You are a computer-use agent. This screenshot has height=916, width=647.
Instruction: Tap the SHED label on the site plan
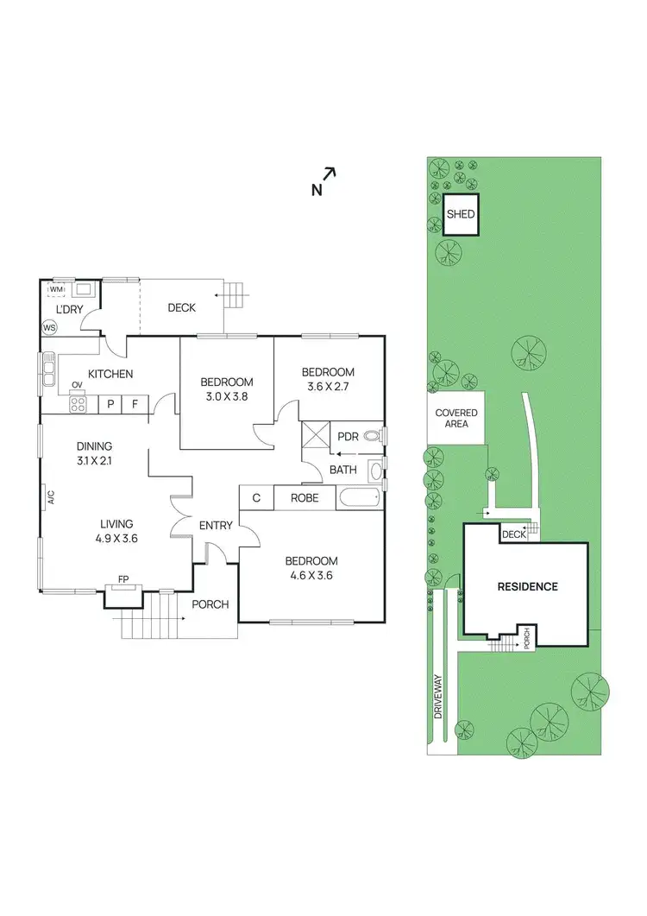[462, 214]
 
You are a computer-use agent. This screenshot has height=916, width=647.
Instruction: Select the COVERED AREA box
[457, 419]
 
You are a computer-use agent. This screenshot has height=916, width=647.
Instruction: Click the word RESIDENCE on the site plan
[527, 587]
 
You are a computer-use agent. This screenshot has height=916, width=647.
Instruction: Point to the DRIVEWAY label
[438, 697]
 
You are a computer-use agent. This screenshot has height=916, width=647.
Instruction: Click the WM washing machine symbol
[57, 289]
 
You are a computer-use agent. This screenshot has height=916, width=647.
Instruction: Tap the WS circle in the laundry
[50, 328]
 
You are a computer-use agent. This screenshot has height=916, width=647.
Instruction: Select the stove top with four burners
[79, 404]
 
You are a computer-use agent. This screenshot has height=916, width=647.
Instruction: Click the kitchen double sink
[47, 371]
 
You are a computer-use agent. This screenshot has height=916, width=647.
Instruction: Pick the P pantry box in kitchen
[110, 403]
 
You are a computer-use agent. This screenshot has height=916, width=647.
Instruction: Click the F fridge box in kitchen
[135, 403]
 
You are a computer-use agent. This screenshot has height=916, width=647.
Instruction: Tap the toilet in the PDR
[373, 436]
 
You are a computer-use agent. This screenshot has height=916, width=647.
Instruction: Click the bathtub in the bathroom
[359, 497]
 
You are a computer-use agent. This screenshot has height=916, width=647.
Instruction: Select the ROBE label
[305, 498]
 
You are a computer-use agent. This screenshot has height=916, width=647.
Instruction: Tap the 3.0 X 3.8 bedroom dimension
[226, 398]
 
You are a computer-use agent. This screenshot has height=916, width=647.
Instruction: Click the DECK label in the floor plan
[181, 307]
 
